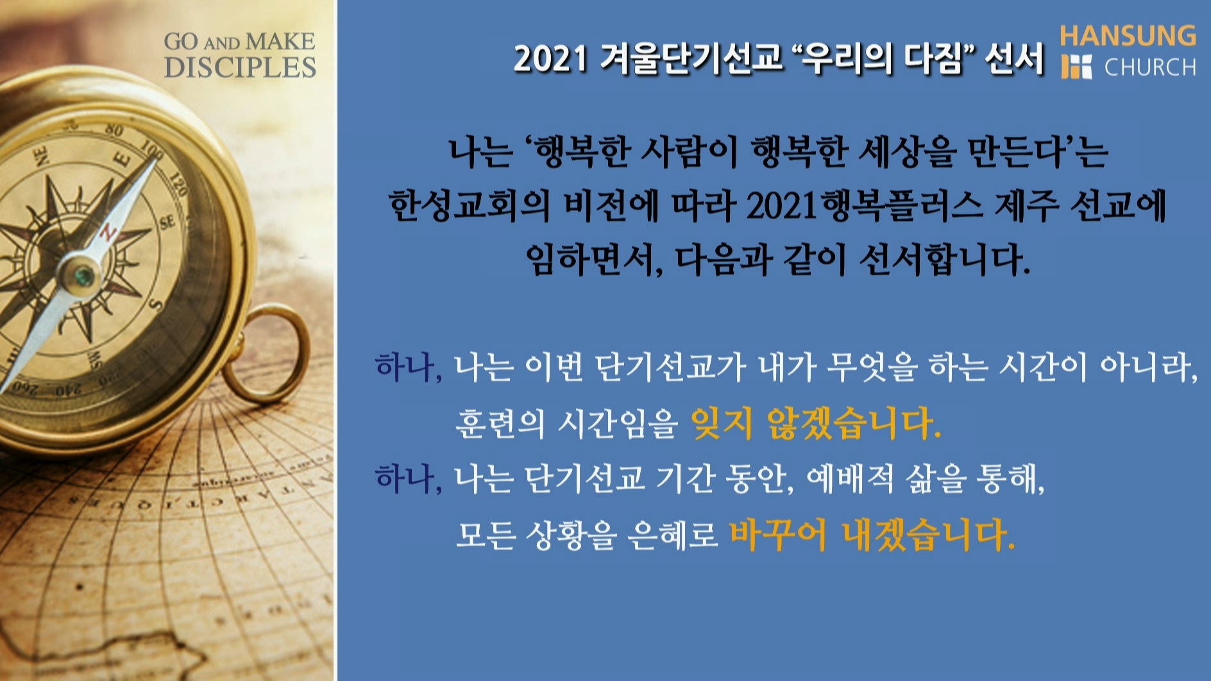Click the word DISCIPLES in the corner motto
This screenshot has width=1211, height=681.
pyautogui.click(x=240, y=67)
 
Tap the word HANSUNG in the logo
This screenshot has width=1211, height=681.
pyautogui.click(x=1128, y=36)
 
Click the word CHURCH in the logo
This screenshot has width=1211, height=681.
pyautogui.click(x=1150, y=67)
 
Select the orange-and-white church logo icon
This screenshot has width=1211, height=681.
pyautogui.click(x=1076, y=67)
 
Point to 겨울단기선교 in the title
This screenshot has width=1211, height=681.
pyautogui.click(x=691, y=59)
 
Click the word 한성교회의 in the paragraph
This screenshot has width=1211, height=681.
pyautogui.click(x=469, y=206)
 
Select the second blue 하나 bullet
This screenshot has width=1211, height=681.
pyautogui.click(x=408, y=478)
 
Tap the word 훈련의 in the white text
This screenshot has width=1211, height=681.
pyautogui.click(x=500, y=423)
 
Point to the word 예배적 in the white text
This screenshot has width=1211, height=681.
pyautogui.click(x=849, y=478)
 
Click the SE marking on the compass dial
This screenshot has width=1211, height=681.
pyautogui.click(x=167, y=223)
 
